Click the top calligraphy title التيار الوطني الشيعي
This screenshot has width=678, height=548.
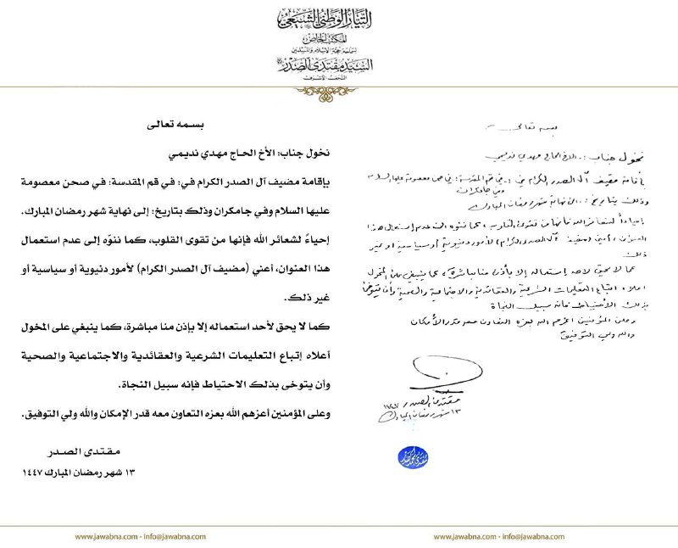[x=339, y=16]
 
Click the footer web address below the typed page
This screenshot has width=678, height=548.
[x=141, y=536]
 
